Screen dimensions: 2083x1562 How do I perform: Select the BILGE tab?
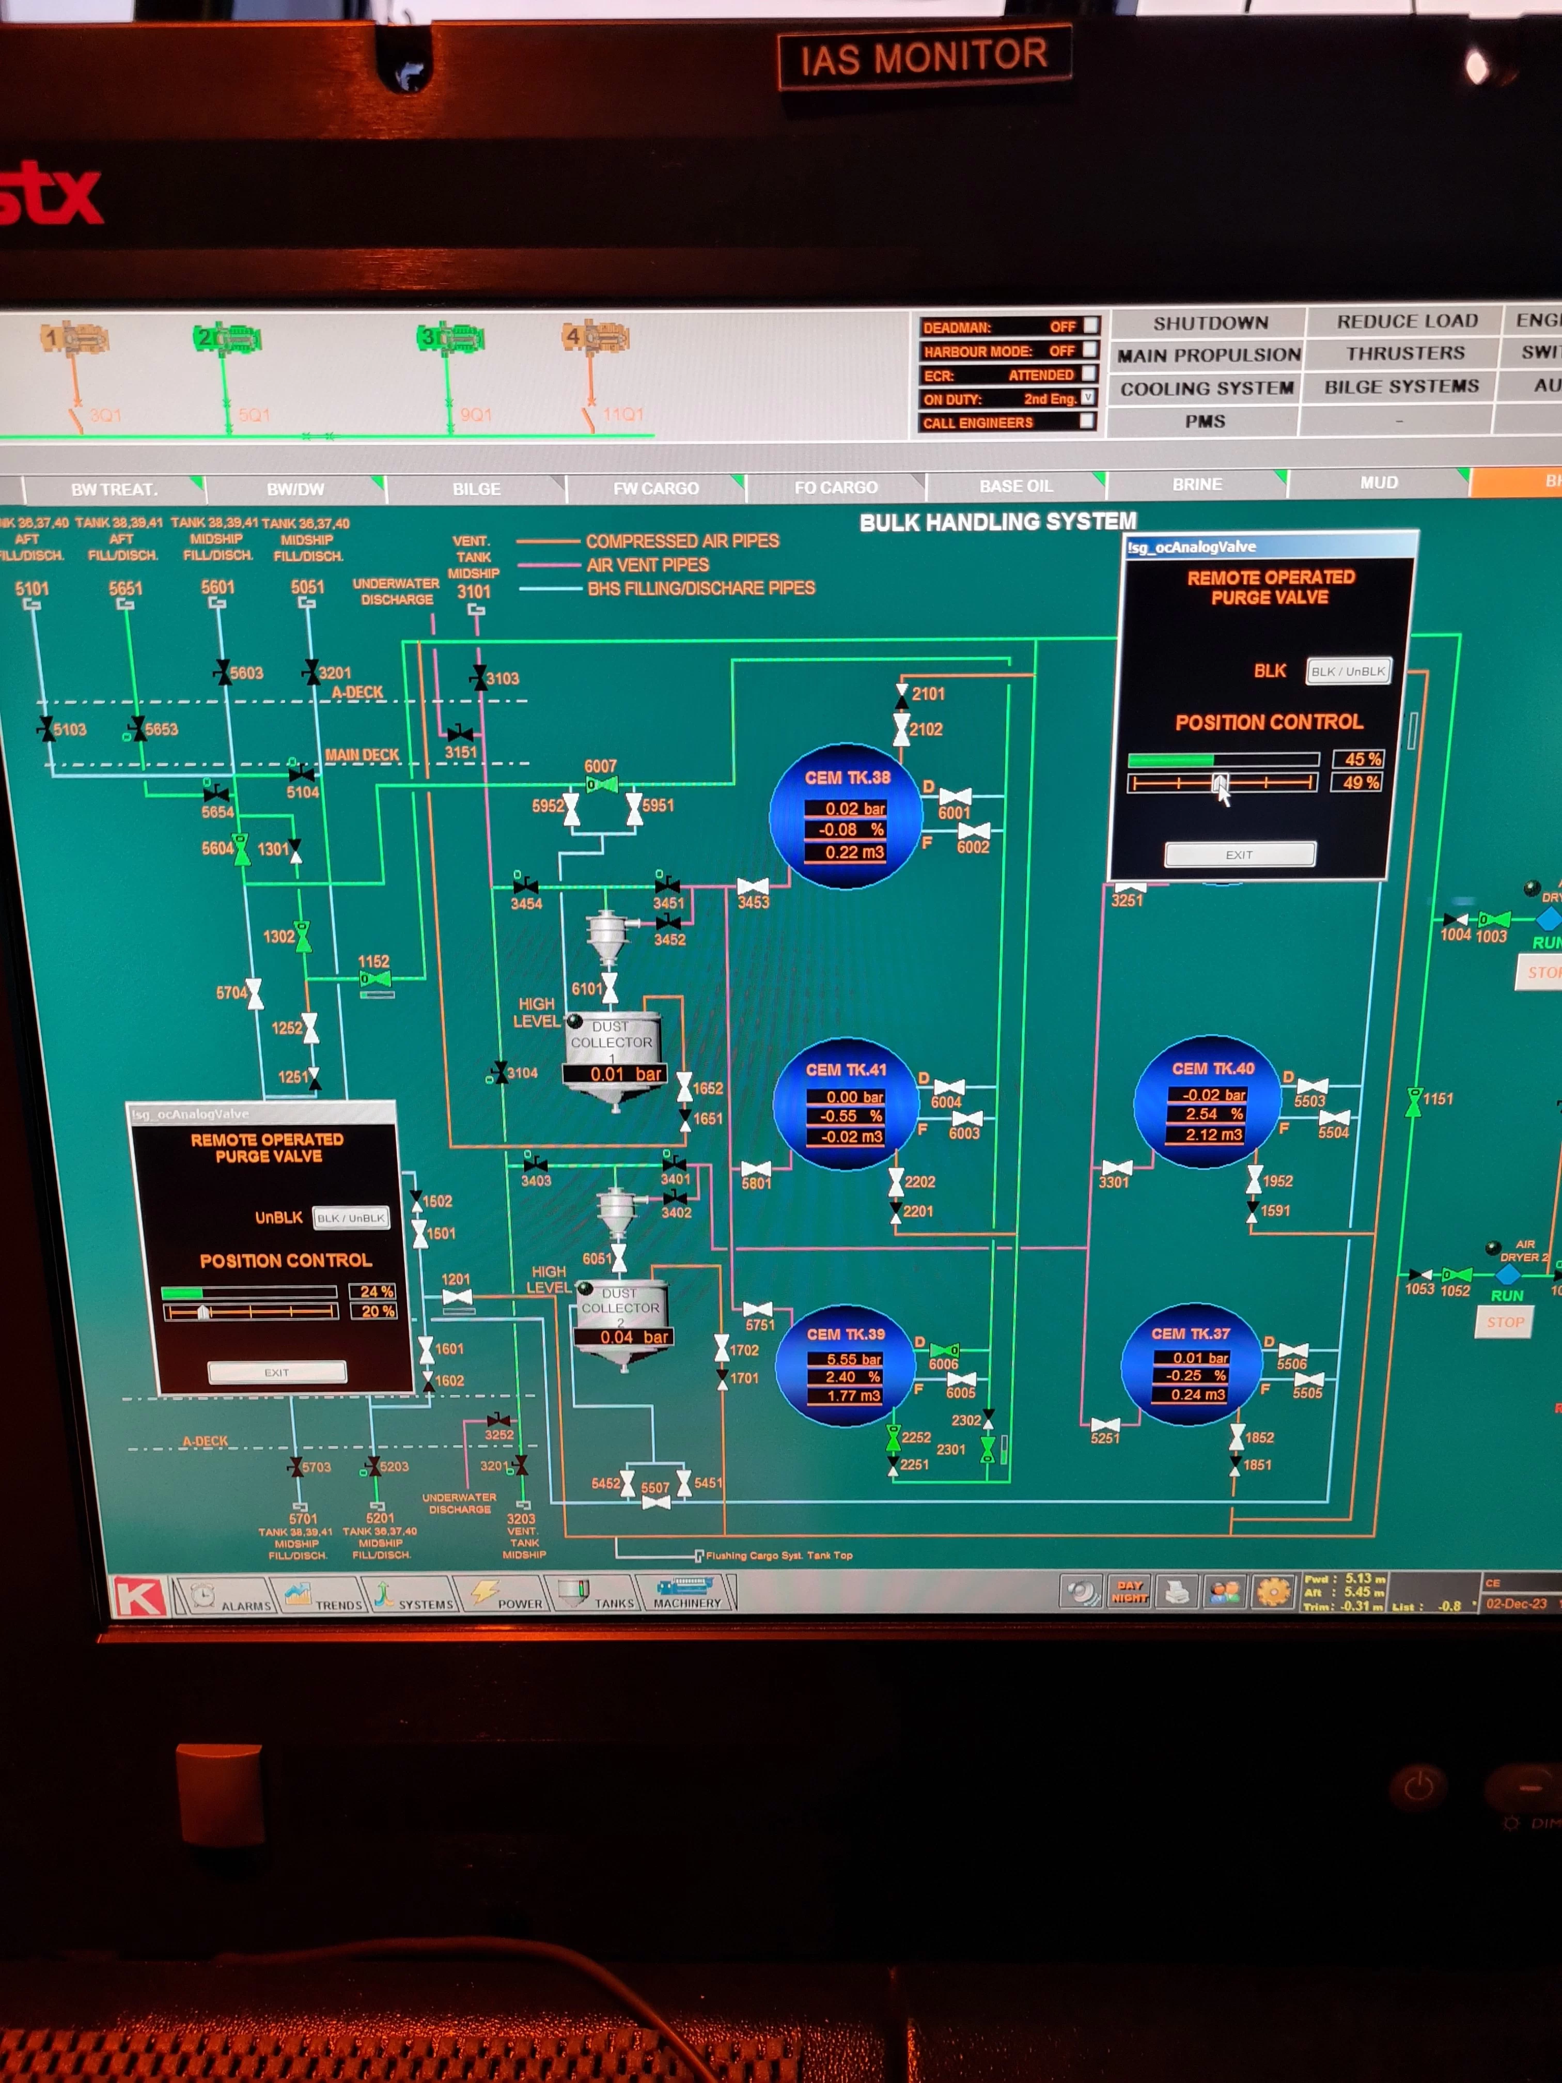tap(476, 489)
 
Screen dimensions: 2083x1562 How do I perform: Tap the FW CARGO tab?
tap(655, 488)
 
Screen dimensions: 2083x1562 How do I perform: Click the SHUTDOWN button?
tap(1210, 323)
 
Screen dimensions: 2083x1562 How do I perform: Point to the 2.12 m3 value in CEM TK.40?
tap(1214, 1134)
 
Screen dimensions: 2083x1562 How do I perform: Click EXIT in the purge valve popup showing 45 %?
tap(1239, 854)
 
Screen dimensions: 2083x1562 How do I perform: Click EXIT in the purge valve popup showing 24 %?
tap(277, 1372)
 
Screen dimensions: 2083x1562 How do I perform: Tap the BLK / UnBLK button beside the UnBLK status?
tap(350, 1218)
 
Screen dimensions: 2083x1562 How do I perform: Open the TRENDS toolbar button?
tap(323, 1597)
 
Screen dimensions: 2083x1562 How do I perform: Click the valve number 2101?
tap(927, 694)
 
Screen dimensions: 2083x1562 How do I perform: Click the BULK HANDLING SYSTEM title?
tap(997, 522)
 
